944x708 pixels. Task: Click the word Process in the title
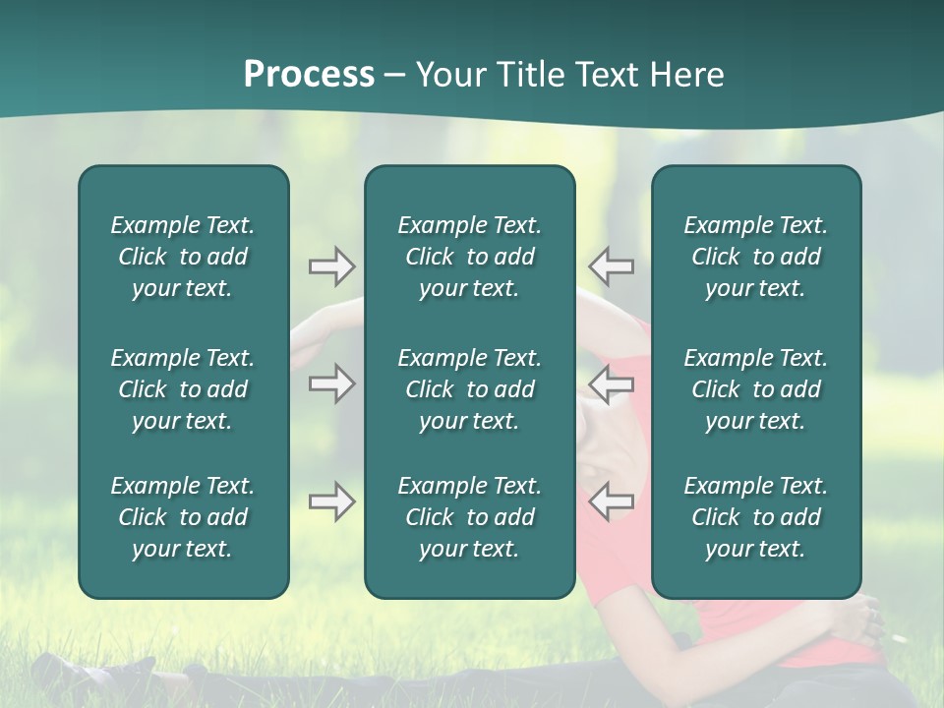[x=309, y=75]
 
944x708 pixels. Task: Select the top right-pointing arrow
[x=331, y=266]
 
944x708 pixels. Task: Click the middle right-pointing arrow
[x=331, y=383]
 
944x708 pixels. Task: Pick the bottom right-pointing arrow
[x=331, y=501]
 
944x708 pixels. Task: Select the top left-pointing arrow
[x=612, y=266]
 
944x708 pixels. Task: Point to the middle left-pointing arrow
[x=612, y=383]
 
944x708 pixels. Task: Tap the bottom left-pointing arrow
[x=612, y=501]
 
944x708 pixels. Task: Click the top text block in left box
[x=183, y=257]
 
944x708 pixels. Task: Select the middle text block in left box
[x=183, y=389]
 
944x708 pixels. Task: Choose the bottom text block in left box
[x=183, y=517]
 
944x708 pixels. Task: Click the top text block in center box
[x=469, y=257]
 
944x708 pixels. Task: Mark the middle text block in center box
[x=469, y=389]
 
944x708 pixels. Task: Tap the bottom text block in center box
[x=469, y=517]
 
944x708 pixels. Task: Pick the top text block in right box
[x=755, y=257]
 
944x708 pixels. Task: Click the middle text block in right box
[x=755, y=389]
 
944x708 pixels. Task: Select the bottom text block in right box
[x=755, y=517]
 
